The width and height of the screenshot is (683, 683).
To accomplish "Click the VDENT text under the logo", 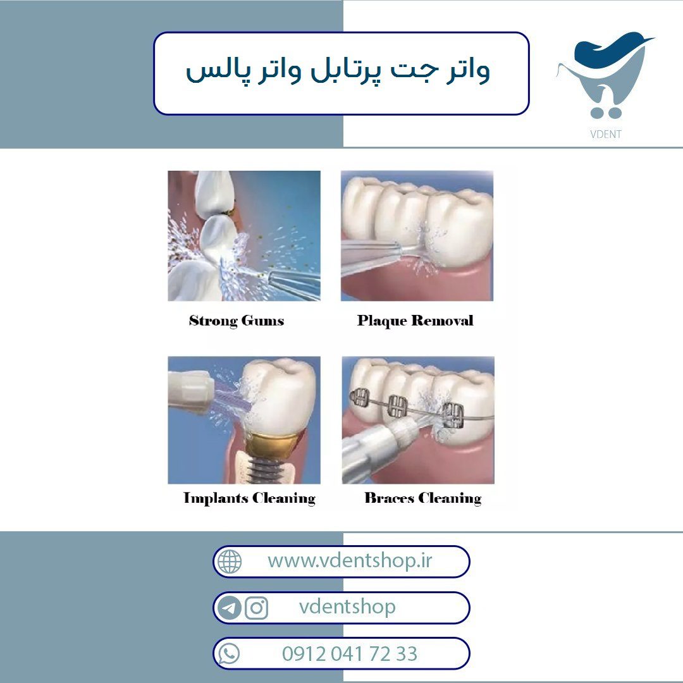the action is (605, 134).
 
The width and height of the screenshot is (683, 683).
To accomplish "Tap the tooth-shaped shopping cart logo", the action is (605, 75).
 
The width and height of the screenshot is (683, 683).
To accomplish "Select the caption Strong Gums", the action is (237, 321).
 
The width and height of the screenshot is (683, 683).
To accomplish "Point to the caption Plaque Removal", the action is (415, 321).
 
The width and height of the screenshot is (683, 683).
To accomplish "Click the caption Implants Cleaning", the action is (249, 498).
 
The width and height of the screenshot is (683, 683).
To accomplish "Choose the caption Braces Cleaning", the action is (423, 498).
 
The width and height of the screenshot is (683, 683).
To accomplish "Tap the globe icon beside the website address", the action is (230, 561).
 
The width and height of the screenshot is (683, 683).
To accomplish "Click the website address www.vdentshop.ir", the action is (350, 560).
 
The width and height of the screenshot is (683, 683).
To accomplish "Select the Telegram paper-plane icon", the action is (229, 608).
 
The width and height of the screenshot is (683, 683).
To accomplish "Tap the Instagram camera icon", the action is (256, 608).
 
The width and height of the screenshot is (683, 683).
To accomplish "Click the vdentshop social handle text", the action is (347, 606).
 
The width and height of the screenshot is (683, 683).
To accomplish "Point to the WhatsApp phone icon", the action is (229, 654).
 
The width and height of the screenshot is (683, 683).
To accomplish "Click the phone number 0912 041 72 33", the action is (350, 654).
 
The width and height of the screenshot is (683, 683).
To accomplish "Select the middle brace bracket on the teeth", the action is (398, 406).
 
